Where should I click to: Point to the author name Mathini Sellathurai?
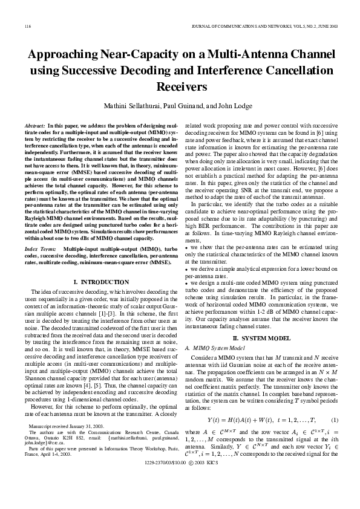[x=133, y=106]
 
